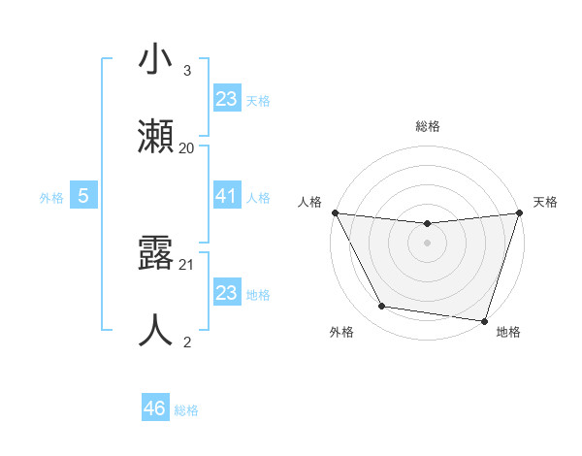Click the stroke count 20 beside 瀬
(187, 147)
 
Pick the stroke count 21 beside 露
(187, 264)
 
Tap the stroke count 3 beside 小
(187, 71)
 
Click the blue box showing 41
(226, 196)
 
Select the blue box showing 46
(155, 408)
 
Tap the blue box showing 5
(83, 196)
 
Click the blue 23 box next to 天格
(226, 99)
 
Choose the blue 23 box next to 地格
(226, 293)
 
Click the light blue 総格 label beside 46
(186, 410)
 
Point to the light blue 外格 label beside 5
(51, 197)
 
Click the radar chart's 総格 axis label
(427, 126)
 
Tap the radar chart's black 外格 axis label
(341, 332)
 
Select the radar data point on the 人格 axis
(335, 212)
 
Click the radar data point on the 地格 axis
(484, 320)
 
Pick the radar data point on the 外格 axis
(381, 307)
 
